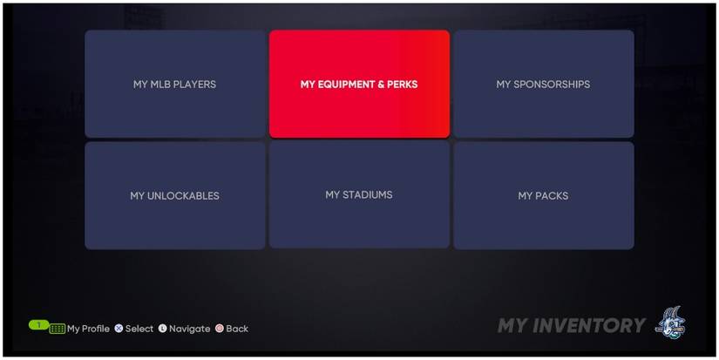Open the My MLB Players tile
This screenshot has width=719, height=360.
(174, 85)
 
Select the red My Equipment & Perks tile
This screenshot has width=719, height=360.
(359, 85)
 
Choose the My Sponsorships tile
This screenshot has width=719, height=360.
(543, 85)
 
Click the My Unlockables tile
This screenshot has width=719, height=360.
(174, 195)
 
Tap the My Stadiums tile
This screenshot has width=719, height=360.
(359, 195)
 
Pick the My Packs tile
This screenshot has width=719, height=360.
(543, 195)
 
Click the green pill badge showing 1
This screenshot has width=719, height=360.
(38, 324)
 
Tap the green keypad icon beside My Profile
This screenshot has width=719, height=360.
(58, 329)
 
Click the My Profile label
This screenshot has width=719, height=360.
(88, 329)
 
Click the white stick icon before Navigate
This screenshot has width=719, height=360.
(162, 329)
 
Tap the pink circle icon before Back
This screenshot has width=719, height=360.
(220, 329)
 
